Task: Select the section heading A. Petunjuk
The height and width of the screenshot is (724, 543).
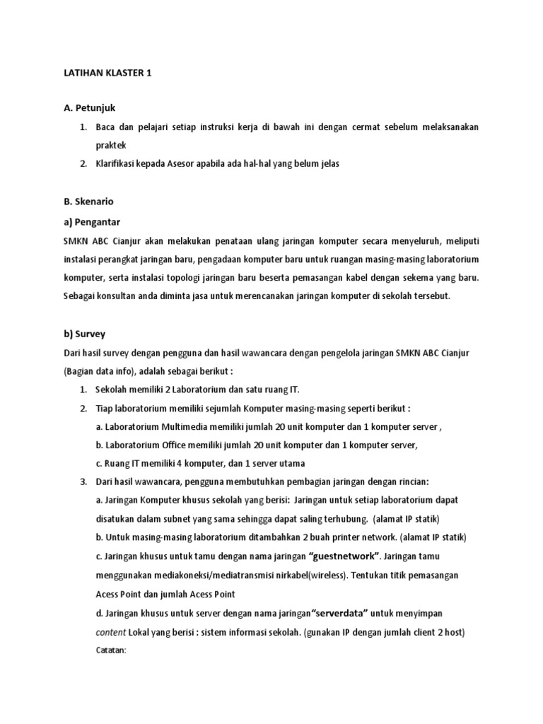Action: pyautogui.click(x=89, y=108)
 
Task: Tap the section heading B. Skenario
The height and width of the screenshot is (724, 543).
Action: pyautogui.click(x=88, y=202)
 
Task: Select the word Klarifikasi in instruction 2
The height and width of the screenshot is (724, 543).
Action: pyautogui.click(x=119, y=163)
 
